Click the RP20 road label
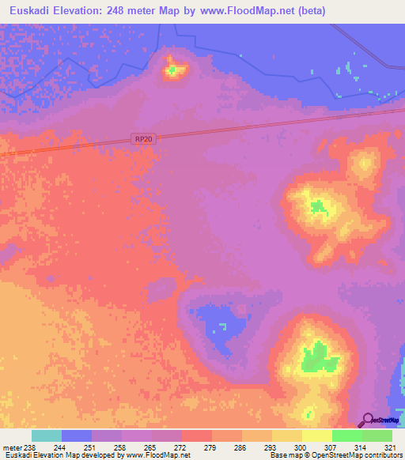143,139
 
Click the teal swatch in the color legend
47,435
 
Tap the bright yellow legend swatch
316,435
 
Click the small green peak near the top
172,70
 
